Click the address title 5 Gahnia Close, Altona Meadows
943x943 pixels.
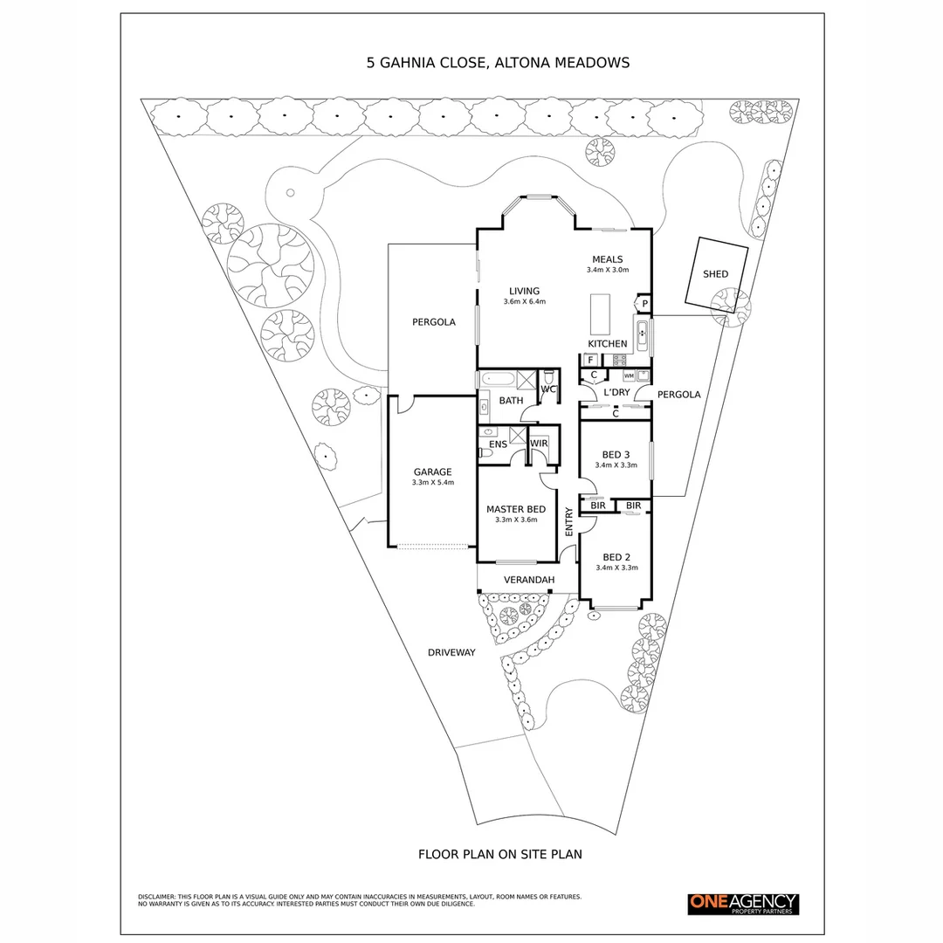[x=498, y=63]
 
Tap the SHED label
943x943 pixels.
[x=715, y=274]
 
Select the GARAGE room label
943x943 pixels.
[x=432, y=472]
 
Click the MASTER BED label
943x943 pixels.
[x=516, y=509]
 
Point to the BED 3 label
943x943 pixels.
[x=616, y=455]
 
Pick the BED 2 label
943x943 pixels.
[x=616, y=557]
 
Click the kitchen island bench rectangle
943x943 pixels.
[x=600, y=314]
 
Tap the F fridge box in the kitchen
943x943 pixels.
[x=590, y=360]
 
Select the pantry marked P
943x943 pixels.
[x=644, y=304]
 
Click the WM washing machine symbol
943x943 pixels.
[x=629, y=375]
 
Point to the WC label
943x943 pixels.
[x=547, y=389]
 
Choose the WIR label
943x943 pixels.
[x=539, y=444]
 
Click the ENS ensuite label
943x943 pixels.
[x=498, y=444]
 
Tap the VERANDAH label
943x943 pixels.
[x=528, y=580]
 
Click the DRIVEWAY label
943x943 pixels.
[x=451, y=652]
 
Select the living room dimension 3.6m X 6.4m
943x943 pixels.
[x=525, y=302]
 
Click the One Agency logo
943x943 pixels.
[x=743, y=904]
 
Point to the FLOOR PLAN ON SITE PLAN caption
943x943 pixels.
[x=500, y=854]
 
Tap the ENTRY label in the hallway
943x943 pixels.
[x=569, y=521]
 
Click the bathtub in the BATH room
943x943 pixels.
[x=498, y=380]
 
